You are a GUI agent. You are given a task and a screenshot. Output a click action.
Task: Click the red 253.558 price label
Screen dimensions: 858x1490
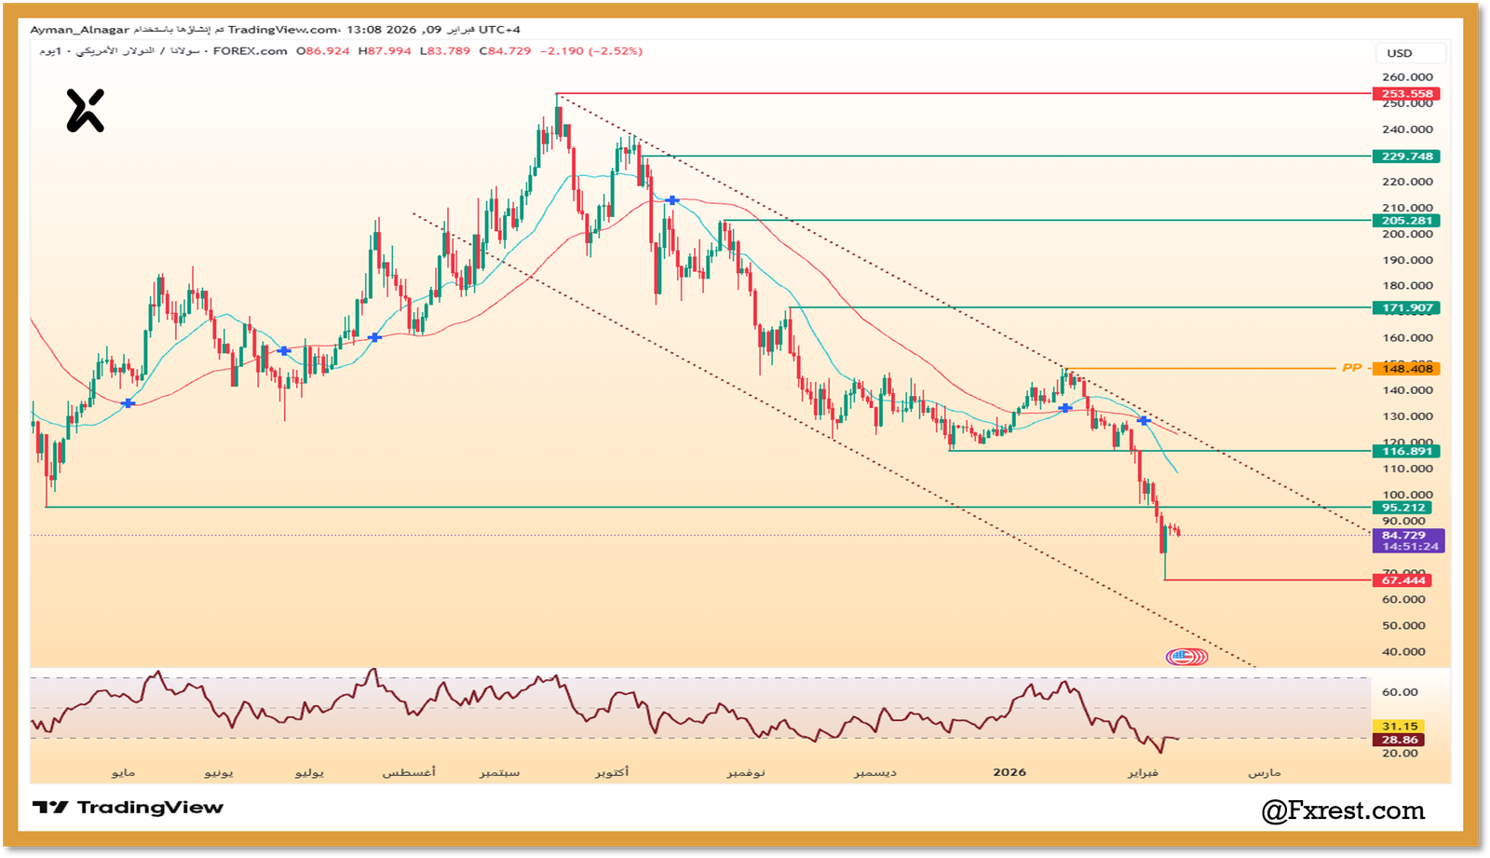click(x=1406, y=94)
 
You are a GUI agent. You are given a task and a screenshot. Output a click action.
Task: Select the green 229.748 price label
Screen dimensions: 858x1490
click(x=1406, y=157)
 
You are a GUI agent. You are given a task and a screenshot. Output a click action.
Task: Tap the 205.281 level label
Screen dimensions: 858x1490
click(x=1406, y=221)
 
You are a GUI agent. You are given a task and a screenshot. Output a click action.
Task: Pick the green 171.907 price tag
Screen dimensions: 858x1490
click(x=1406, y=308)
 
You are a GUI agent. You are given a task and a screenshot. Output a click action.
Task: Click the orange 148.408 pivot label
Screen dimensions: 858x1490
click(x=1406, y=369)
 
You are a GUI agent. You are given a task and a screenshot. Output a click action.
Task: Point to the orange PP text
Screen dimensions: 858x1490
click(x=1351, y=369)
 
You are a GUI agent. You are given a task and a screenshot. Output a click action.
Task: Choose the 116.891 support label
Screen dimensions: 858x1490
click(x=1406, y=452)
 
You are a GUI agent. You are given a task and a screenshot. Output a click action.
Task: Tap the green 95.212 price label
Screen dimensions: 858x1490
click(x=1406, y=508)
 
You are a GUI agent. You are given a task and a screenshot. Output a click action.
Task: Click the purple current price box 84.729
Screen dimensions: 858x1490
click(x=1408, y=540)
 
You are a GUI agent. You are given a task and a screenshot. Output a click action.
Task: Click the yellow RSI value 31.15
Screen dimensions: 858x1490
click(x=1400, y=727)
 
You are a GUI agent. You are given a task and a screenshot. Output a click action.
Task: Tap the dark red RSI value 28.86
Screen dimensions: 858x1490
click(x=1400, y=740)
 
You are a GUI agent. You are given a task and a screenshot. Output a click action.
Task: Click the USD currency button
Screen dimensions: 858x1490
click(x=1400, y=53)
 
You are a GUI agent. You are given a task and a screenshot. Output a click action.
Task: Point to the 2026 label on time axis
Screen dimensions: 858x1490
click(x=1009, y=772)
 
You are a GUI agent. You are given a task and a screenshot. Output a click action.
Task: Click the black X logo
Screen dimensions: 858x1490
click(x=85, y=111)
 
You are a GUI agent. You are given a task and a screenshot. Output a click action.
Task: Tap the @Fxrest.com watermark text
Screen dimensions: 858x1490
click(x=1343, y=811)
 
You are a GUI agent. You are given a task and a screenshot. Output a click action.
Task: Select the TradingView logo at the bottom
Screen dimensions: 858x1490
click(x=129, y=808)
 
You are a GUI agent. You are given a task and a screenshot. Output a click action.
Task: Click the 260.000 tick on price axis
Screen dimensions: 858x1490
click(x=1407, y=77)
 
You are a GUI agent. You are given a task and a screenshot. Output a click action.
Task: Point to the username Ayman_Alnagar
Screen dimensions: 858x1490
click(x=79, y=30)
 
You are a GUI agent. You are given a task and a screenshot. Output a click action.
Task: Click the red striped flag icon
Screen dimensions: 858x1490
click(x=1186, y=657)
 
